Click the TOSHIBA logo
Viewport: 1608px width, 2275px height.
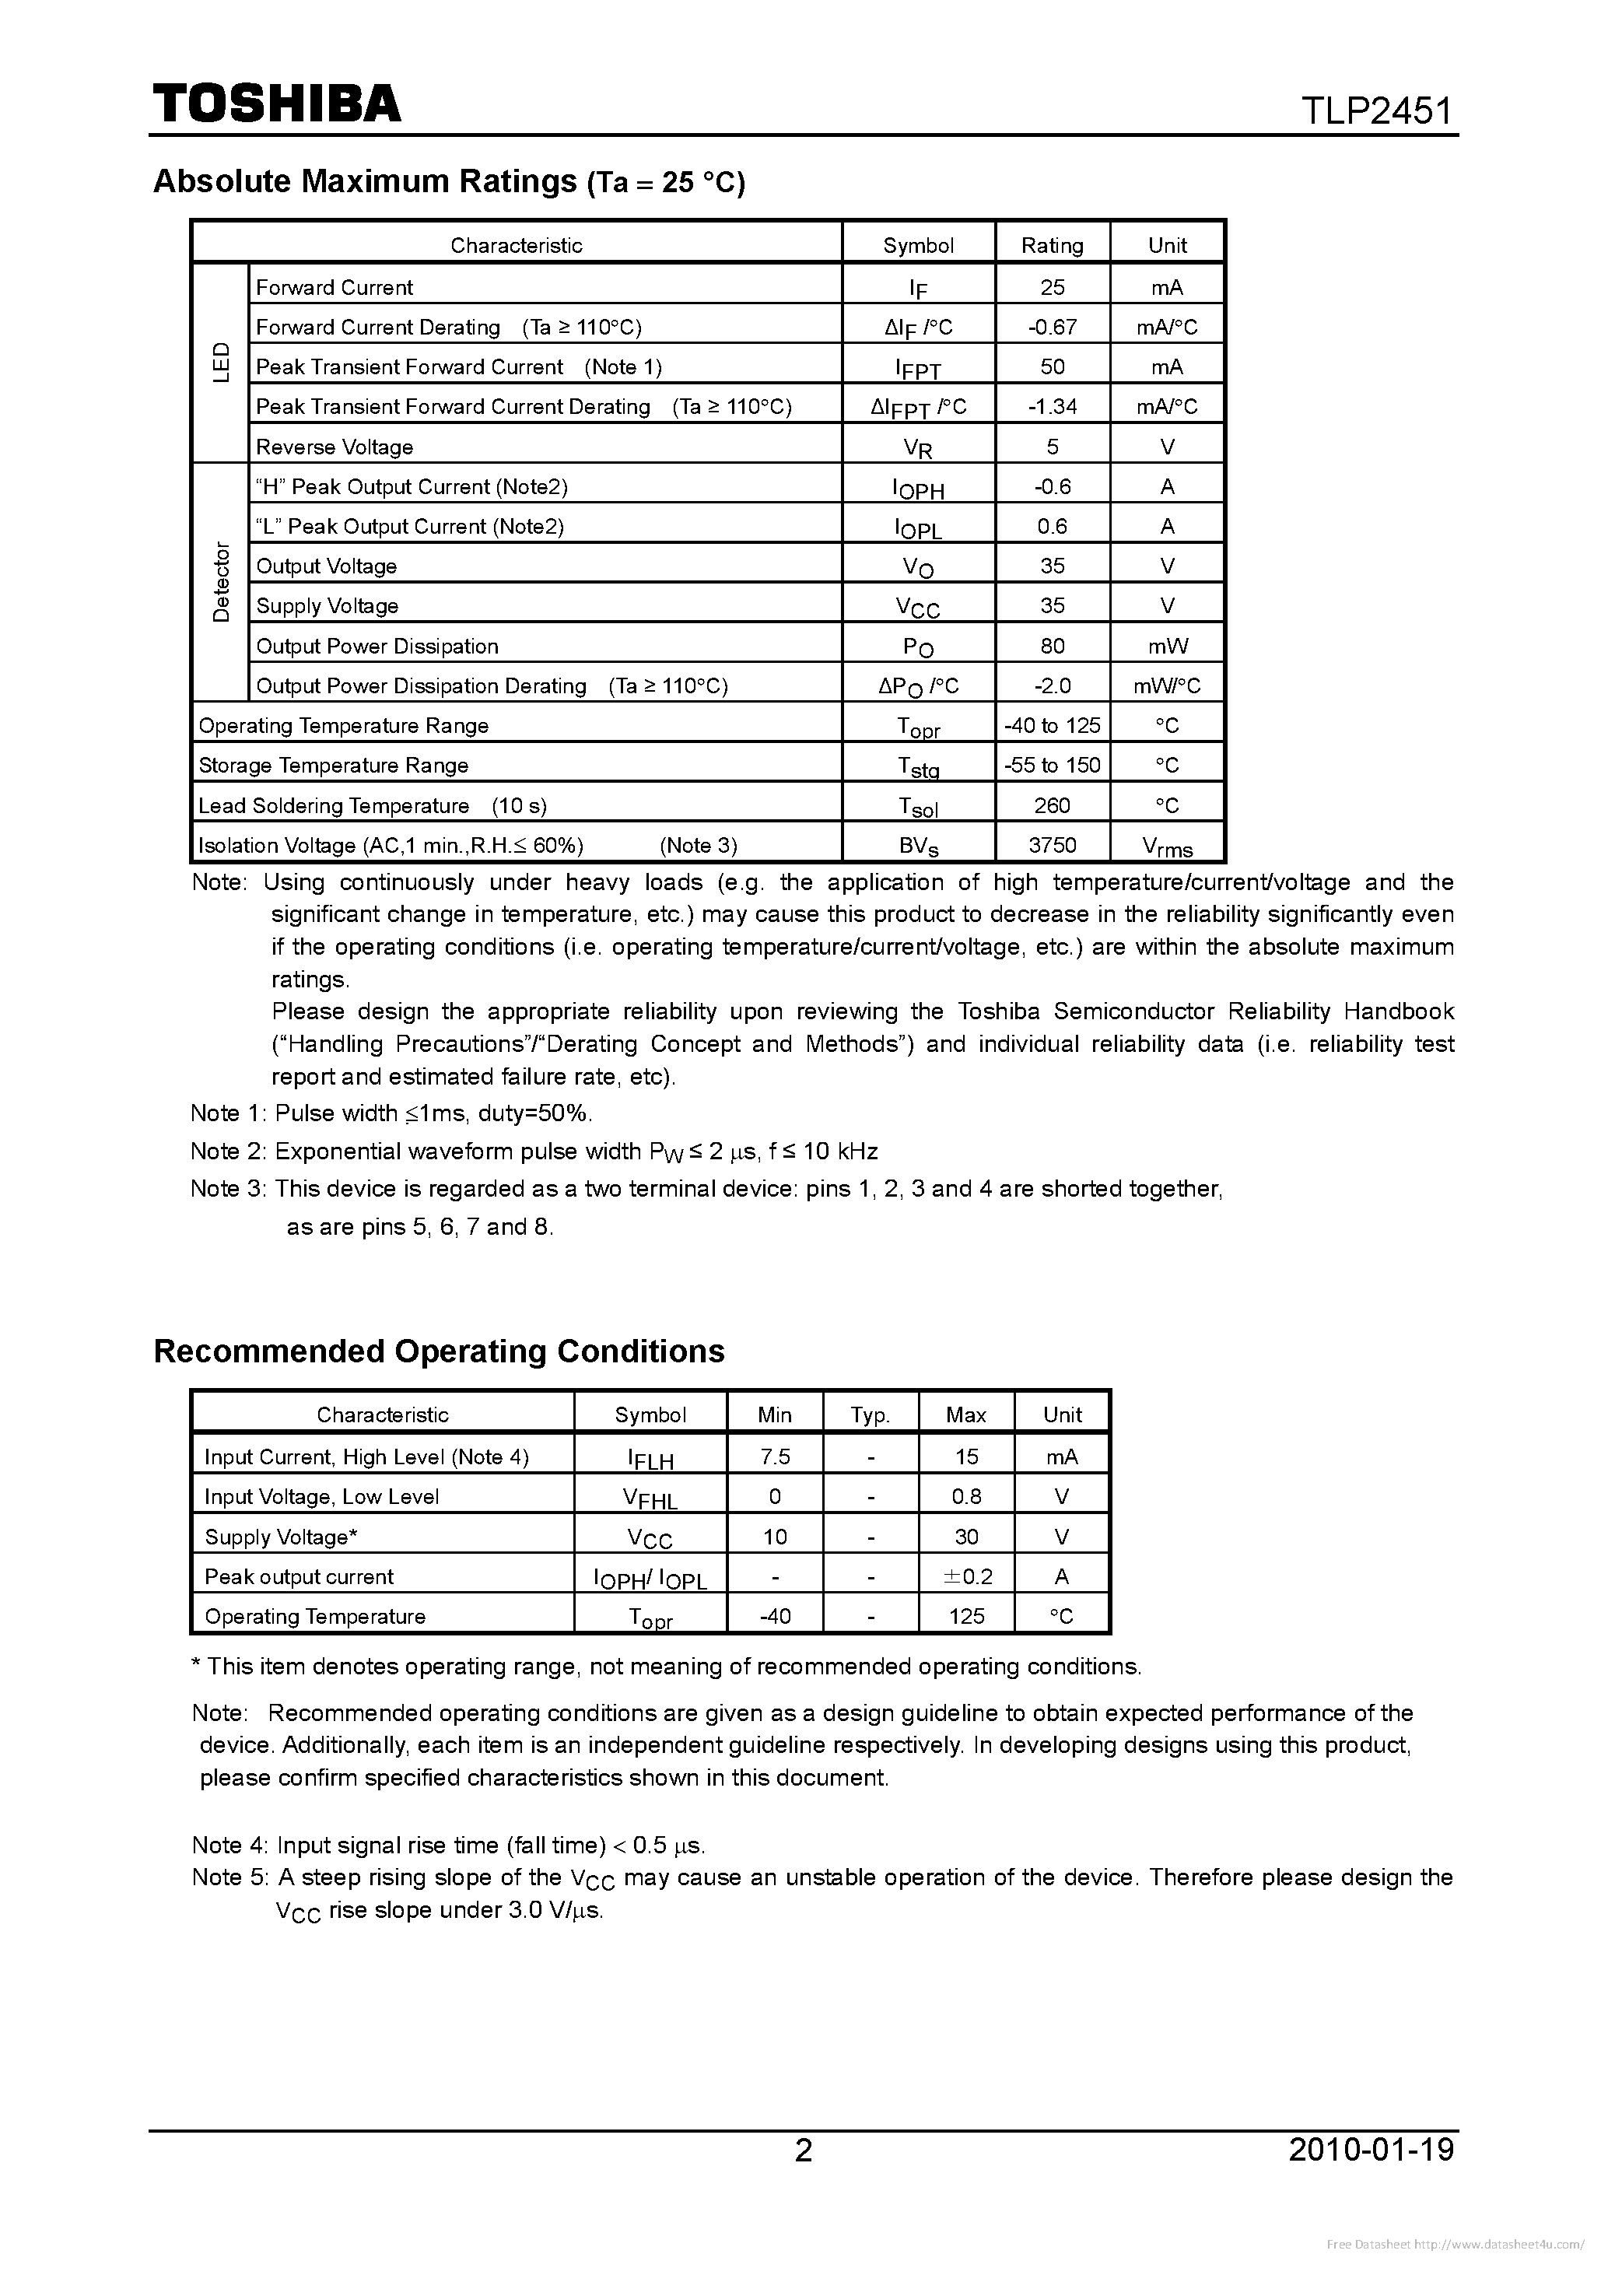[276, 103]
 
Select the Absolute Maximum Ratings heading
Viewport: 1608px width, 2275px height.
[448, 181]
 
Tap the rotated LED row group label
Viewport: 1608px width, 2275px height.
[221, 363]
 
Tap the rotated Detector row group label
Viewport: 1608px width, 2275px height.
[221, 582]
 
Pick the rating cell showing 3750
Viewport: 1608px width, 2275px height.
[1053, 844]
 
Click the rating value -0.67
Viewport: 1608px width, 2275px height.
[1053, 327]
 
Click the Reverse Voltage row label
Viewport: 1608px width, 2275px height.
[334, 447]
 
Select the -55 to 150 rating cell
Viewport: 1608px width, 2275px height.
[1053, 765]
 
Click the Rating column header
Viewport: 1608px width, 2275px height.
[1053, 245]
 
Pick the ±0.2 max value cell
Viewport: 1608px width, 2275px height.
[966, 1576]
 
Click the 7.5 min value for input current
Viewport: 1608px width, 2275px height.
[775, 1456]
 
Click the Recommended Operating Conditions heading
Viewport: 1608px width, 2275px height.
[439, 1351]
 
